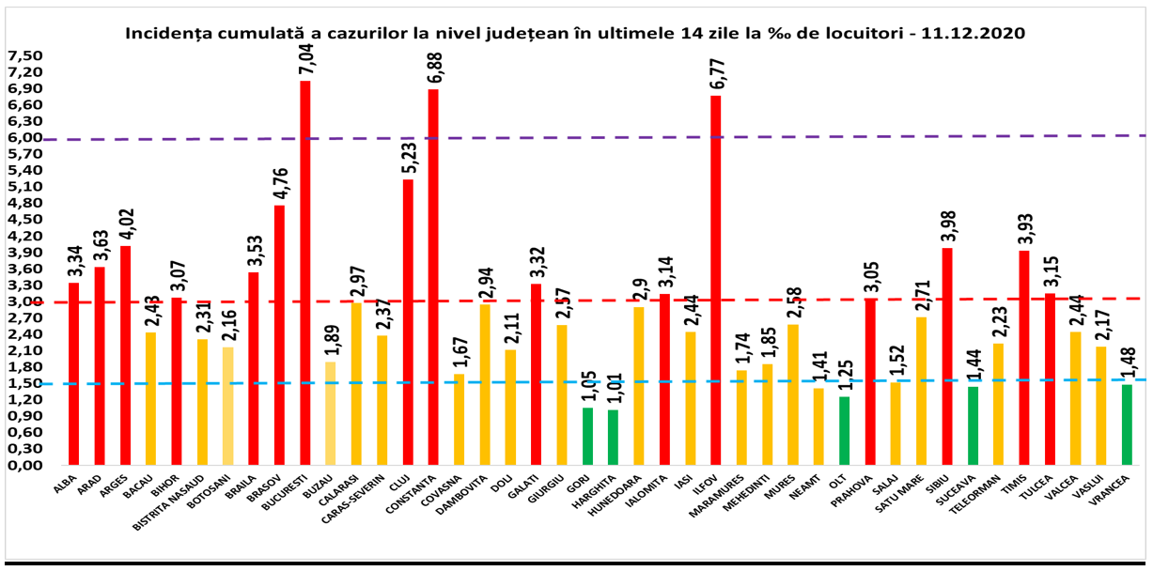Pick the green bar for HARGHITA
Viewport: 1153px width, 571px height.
(613, 437)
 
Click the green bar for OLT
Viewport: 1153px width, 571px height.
(844, 431)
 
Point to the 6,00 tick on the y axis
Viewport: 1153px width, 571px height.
(24, 137)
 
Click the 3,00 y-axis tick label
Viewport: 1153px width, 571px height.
(24, 301)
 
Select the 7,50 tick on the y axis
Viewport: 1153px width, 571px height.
(24, 55)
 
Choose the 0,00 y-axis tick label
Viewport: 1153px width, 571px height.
(24, 465)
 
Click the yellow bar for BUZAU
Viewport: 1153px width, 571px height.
(331, 413)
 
